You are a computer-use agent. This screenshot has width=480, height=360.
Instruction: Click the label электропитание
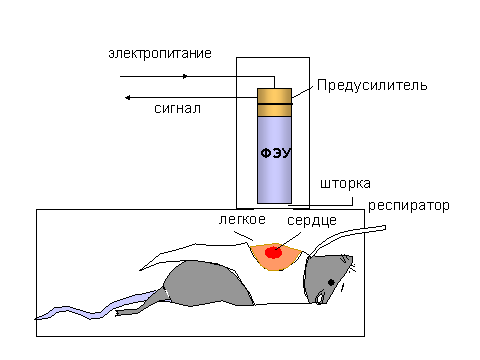(160, 54)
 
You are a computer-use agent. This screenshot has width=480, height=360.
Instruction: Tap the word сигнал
(177, 109)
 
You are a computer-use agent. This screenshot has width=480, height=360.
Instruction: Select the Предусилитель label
(372, 85)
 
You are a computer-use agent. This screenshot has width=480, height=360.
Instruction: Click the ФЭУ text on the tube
(276, 153)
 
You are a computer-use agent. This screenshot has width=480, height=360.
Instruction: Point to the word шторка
(345, 184)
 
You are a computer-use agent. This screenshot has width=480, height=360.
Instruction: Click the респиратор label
(409, 206)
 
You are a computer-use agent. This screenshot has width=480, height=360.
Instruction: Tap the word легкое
(242, 220)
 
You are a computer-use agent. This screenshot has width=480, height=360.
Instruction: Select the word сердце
(312, 221)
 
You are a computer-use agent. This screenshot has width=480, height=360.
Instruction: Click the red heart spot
(273, 252)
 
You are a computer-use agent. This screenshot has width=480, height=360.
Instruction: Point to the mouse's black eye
(331, 283)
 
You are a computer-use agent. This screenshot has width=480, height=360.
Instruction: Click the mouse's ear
(320, 297)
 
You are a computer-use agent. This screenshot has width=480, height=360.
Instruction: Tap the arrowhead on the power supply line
(185, 76)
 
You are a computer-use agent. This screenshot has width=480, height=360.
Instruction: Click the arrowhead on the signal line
(127, 98)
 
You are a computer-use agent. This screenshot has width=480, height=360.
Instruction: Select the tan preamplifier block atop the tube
(274, 102)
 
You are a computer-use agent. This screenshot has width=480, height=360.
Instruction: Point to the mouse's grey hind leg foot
(125, 313)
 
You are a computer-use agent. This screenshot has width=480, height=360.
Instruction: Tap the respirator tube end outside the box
(383, 228)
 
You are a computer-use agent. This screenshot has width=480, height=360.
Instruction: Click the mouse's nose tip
(351, 257)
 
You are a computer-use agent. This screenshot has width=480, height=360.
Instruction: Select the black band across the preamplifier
(275, 104)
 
